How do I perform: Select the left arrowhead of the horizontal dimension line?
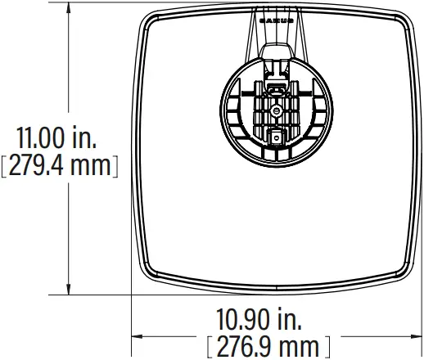[138, 335]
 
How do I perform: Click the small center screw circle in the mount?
[276, 109]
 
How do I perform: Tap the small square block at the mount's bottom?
[276, 138]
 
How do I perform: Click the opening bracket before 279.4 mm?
[5, 166]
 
